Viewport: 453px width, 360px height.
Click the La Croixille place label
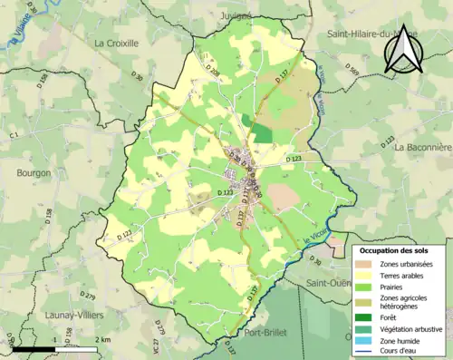(118, 43)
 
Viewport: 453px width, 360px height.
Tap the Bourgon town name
(34, 172)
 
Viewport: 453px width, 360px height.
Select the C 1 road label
(14, 136)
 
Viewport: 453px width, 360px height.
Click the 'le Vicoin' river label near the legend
(315, 238)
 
